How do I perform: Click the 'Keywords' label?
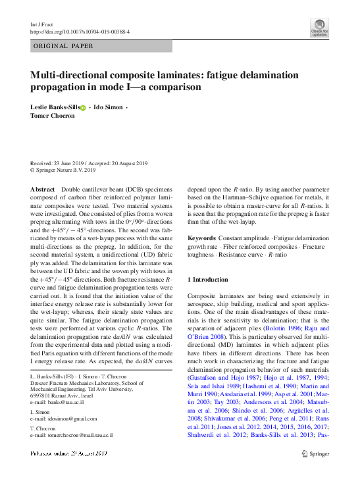tap(203, 237)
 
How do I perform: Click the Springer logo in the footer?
tap(315, 453)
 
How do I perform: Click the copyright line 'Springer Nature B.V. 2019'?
tap(66, 170)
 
